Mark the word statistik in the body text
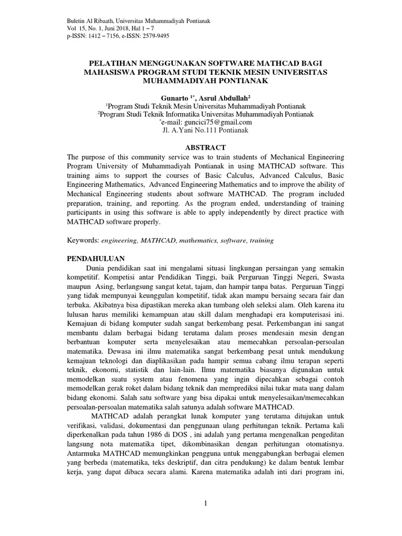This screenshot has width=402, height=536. click(131, 368)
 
